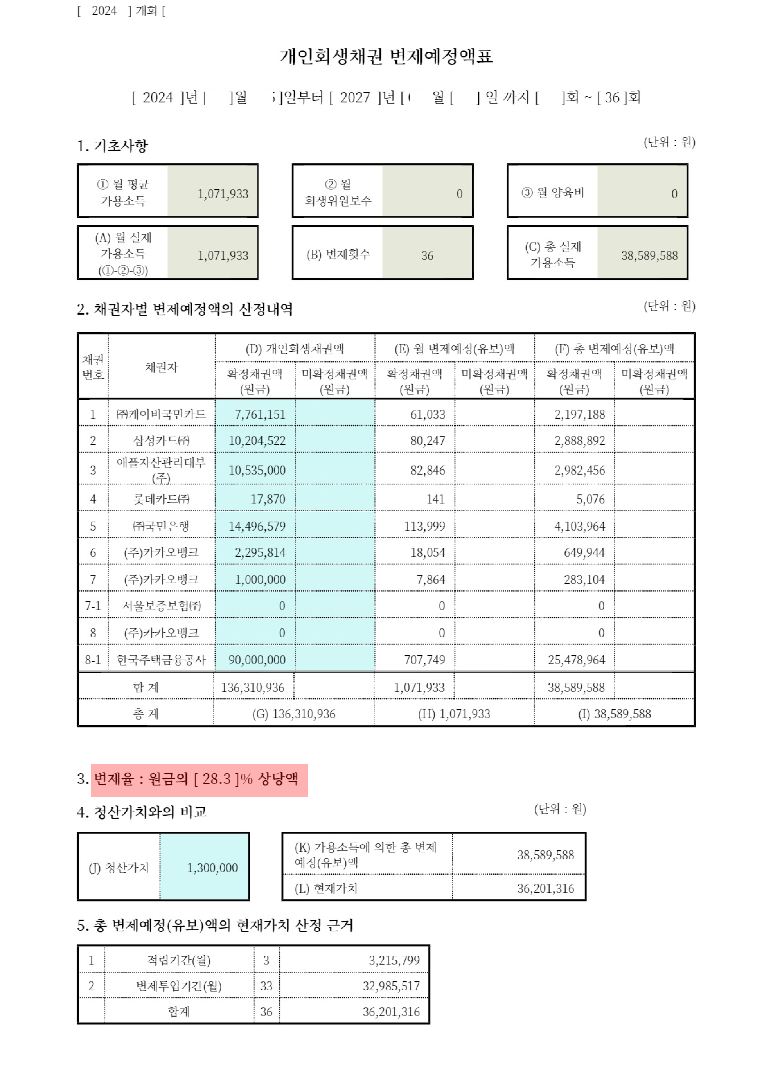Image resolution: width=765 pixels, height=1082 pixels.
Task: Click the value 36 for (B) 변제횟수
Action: pos(427,255)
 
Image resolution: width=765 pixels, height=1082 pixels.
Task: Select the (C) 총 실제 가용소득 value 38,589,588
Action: pos(649,255)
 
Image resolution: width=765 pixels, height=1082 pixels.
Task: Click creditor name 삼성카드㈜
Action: pos(161,440)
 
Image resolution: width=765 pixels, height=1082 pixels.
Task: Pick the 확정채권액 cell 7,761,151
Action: pos(260,414)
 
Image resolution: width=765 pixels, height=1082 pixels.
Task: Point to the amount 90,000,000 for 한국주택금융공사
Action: pos(257,659)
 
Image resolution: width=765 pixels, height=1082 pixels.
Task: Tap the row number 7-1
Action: pos(93,605)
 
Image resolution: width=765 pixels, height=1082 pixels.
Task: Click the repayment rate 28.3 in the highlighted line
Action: pos(216,778)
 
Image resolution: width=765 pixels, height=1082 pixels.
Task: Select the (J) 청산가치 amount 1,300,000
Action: pos(212,868)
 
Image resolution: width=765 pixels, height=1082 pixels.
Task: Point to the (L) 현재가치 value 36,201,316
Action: pos(545,888)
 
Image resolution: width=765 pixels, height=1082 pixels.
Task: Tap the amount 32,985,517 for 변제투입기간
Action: pos(391,986)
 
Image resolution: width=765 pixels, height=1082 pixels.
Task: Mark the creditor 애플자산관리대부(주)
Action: pos(161,469)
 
